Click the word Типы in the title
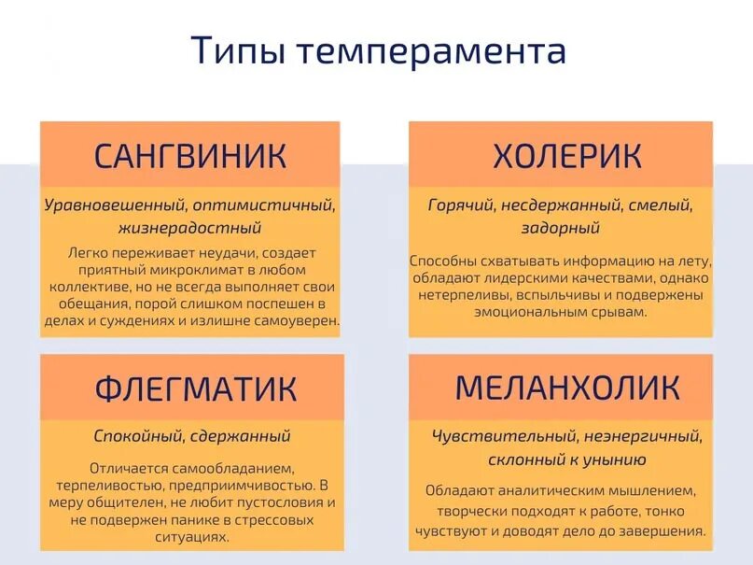tap(237, 50)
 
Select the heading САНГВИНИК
tap(190, 155)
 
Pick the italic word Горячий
tap(460, 205)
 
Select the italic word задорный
tap(561, 228)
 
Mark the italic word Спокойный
tap(138, 436)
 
